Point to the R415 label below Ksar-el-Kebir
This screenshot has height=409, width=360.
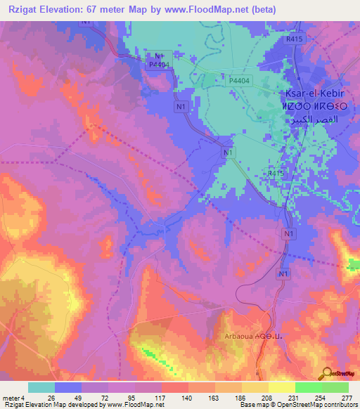click(276, 171)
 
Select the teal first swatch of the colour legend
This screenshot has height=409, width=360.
click(41, 387)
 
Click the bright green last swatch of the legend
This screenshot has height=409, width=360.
click(335, 387)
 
